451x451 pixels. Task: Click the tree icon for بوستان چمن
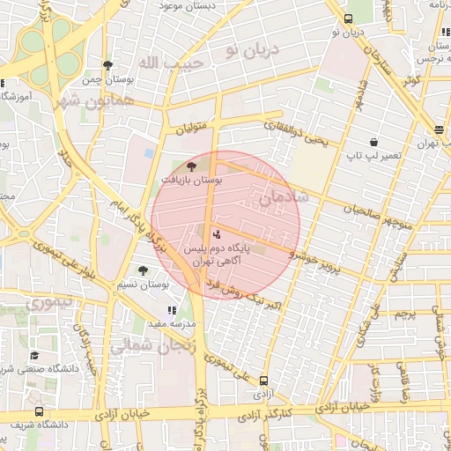pos(107,65)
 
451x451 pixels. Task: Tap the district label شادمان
pos(284,198)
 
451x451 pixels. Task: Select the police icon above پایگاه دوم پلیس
pos(218,234)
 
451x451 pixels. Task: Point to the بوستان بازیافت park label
pos(192,179)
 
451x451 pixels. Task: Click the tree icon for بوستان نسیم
pos(143,270)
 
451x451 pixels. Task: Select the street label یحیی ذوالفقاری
pos(298,133)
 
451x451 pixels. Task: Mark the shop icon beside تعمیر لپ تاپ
pos(373,142)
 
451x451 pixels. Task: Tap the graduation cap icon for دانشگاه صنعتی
pos(34,355)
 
